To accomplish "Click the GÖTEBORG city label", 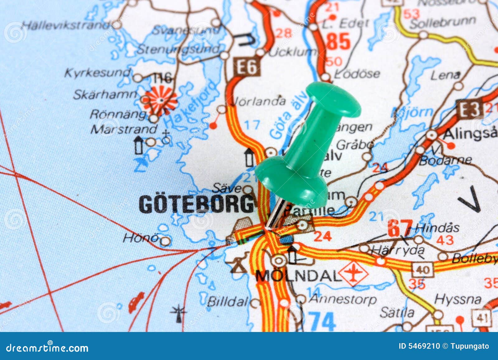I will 196,204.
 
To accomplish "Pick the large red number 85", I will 339,42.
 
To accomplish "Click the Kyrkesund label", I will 97,73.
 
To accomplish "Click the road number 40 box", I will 422,269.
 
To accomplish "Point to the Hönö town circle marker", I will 165,241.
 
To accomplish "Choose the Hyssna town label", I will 458,299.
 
